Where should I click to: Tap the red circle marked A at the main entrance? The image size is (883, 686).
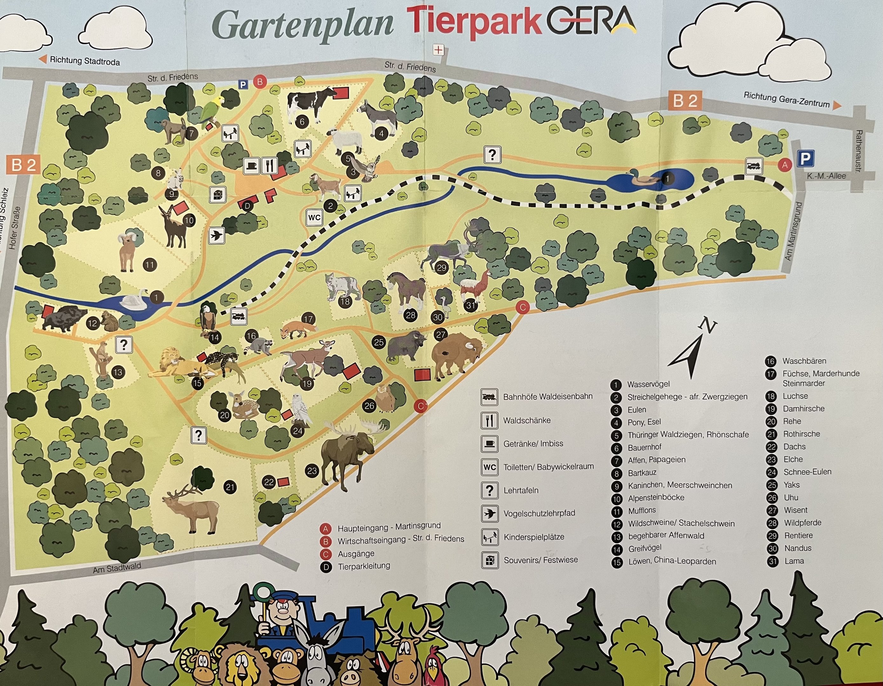click(x=785, y=165)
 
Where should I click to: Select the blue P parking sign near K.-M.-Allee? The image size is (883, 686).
click(x=805, y=159)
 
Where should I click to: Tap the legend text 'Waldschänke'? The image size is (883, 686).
click(x=526, y=420)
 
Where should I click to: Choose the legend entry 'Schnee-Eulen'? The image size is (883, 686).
click(x=807, y=472)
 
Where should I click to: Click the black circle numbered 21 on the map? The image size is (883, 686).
click(x=230, y=487)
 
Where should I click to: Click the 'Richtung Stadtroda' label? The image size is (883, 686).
click(x=85, y=61)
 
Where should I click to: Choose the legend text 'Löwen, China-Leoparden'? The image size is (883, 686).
click(x=672, y=561)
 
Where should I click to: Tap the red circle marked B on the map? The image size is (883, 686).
click(x=260, y=82)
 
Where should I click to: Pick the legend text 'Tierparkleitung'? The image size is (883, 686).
click(x=364, y=566)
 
